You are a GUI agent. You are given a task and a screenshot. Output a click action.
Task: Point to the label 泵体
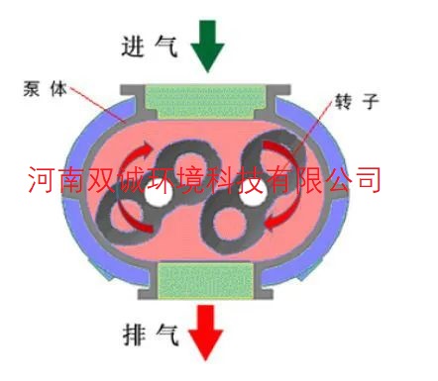45,88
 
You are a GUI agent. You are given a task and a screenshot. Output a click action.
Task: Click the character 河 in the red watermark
42,180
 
